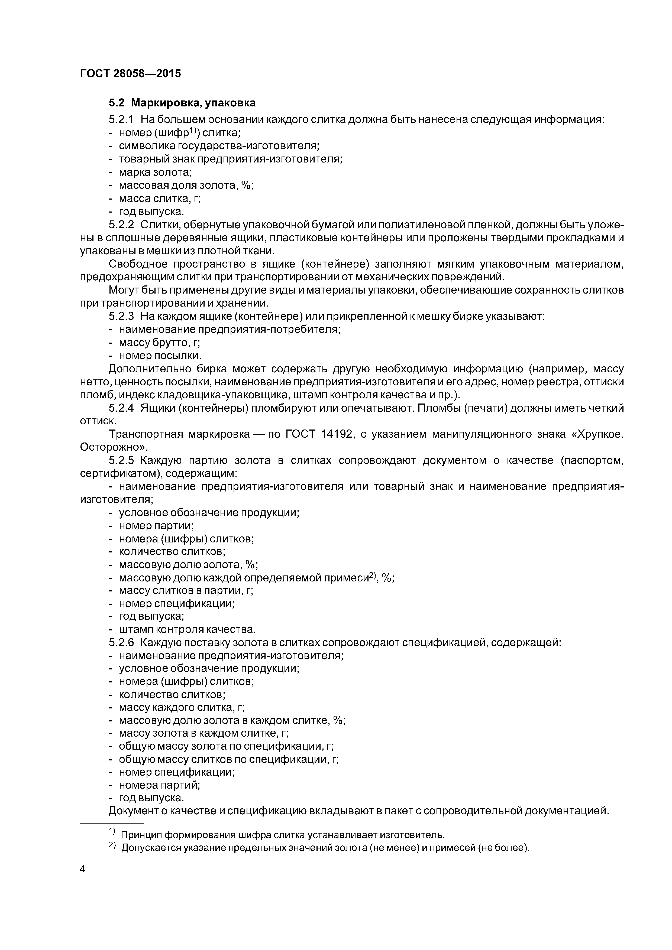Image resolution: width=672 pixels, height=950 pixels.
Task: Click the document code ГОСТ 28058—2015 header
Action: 130,74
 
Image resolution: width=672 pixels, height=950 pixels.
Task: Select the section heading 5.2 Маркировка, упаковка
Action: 182,103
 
